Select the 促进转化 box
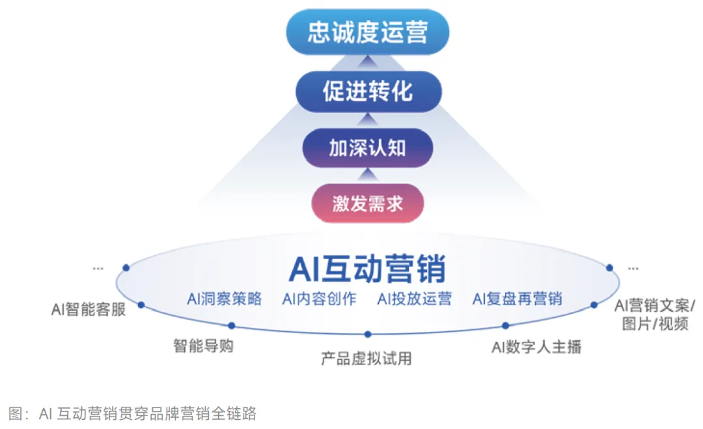(x=368, y=91)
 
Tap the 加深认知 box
(x=368, y=148)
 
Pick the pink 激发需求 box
(x=368, y=204)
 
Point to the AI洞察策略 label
(x=224, y=299)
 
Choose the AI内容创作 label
(x=319, y=299)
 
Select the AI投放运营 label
(x=415, y=299)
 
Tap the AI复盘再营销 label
(x=517, y=299)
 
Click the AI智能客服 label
(x=88, y=309)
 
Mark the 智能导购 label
(x=203, y=346)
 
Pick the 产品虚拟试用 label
(x=366, y=358)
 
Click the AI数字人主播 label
(x=536, y=347)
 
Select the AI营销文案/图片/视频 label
(x=655, y=314)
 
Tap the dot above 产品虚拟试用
(x=368, y=335)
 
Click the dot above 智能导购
(x=231, y=325)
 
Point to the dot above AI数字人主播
(x=505, y=325)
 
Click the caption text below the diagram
(x=133, y=413)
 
